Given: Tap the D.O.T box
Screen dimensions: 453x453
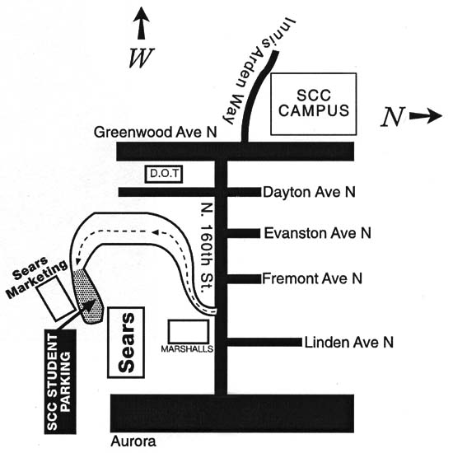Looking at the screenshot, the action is (x=164, y=174).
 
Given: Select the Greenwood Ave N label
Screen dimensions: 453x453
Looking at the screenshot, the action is (x=155, y=133).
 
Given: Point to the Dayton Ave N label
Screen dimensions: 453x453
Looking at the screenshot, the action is (x=309, y=192).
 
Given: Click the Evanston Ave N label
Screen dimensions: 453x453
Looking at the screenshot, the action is (x=317, y=233).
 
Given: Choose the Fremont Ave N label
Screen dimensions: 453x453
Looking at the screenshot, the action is (x=312, y=278).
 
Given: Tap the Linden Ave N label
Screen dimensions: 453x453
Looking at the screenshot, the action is (x=349, y=343).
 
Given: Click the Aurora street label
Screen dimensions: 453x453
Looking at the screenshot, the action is (x=133, y=441).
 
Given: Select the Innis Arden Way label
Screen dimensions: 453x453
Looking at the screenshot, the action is (x=258, y=71).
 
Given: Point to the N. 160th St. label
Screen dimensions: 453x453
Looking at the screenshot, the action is (x=207, y=248).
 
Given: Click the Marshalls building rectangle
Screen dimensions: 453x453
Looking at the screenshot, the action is (x=189, y=332).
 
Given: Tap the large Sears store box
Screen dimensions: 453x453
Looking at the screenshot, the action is (x=126, y=343).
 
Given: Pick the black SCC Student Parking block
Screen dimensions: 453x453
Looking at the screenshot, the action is (x=60, y=381).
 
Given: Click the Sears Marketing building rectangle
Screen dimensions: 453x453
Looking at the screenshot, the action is (x=56, y=299).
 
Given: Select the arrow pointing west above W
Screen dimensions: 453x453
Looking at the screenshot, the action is (x=142, y=23).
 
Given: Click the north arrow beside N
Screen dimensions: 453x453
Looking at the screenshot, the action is (x=426, y=116).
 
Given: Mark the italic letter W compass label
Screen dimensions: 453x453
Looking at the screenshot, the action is (x=141, y=58).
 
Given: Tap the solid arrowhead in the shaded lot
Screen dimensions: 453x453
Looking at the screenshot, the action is (x=89, y=305).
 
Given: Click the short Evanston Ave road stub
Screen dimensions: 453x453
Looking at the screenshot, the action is (x=244, y=233).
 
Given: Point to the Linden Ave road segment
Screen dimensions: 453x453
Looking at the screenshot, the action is (x=264, y=343).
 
